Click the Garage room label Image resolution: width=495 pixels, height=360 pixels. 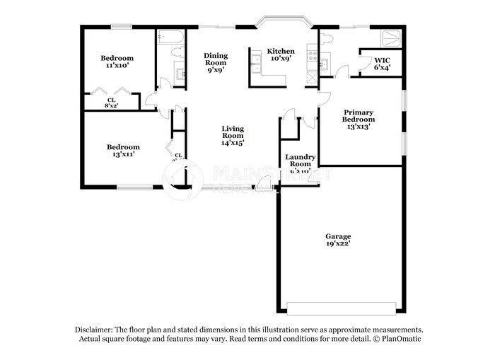[338, 236]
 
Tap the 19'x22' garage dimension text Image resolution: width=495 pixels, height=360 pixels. [338, 244]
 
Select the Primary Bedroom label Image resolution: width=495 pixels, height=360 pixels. [359, 116]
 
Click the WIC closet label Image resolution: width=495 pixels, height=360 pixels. [382, 60]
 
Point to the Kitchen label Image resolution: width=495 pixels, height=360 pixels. [280, 51]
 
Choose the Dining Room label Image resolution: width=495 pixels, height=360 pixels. [216, 59]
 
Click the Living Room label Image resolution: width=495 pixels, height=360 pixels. [233, 132]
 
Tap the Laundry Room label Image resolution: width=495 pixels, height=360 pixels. [300, 161]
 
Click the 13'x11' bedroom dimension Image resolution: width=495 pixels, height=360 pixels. [123, 154]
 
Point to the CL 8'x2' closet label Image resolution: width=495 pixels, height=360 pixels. [112, 103]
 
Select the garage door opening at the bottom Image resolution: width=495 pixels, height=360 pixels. [341, 309]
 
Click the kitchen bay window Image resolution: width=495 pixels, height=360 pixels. [281, 24]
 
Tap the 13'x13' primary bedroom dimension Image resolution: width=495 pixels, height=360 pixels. [359, 127]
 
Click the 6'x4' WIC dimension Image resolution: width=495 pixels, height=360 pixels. [382, 68]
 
